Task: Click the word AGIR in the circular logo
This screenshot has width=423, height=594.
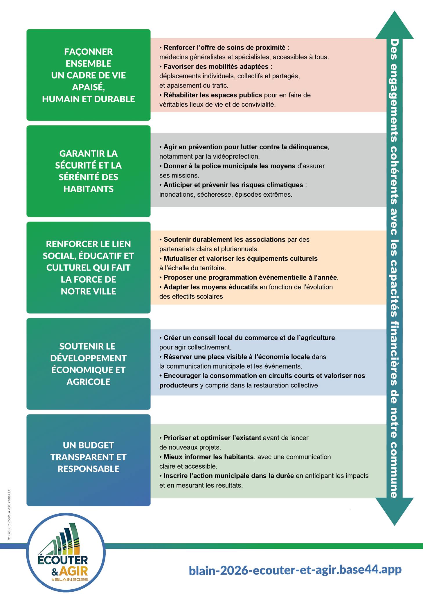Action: (73, 572)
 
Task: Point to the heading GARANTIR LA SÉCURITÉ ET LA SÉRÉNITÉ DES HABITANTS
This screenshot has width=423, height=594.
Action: (88, 171)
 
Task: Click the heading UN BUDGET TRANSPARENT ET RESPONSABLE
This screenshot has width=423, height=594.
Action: (88, 457)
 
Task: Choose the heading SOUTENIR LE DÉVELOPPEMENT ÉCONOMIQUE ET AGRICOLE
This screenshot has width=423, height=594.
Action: (88, 364)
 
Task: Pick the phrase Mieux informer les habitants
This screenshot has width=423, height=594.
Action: (208, 457)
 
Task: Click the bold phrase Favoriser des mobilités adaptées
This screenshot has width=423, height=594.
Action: (216, 66)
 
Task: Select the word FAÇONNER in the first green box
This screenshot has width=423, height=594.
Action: (88, 52)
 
